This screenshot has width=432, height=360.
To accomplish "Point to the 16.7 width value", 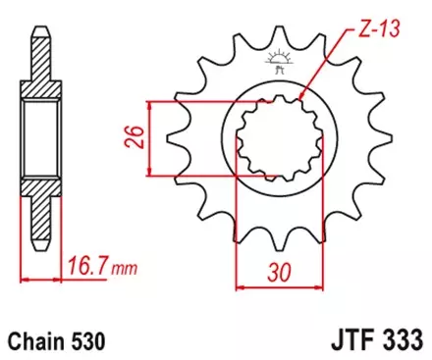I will pos(86,263).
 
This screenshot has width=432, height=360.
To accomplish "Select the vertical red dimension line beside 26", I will pos(148,138).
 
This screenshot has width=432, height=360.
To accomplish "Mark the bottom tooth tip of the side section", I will pos(40,248).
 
